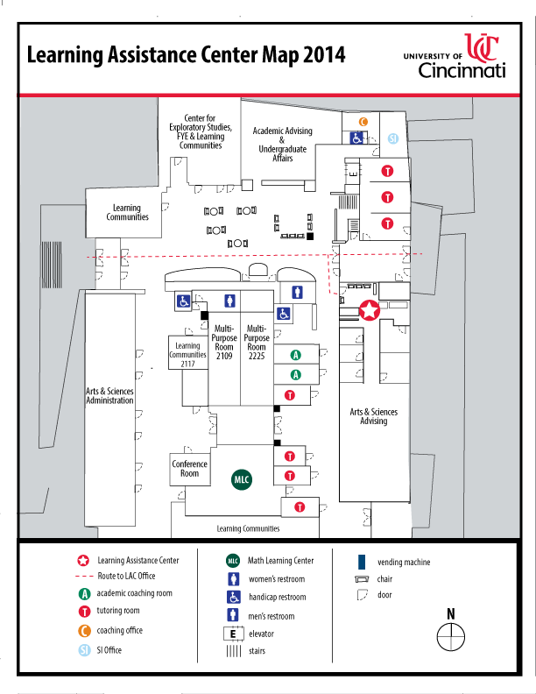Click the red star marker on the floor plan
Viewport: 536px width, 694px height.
click(370, 309)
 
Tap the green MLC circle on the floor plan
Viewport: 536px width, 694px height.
click(241, 479)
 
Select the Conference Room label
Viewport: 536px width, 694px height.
click(190, 469)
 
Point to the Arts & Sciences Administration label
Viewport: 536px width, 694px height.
click(109, 395)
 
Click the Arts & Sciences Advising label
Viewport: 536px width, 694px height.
click(374, 416)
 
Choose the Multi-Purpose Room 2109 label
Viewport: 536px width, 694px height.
click(223, 343)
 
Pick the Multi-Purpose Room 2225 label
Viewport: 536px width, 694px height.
click(256, 343)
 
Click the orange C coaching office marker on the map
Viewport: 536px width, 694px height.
click(363, 121)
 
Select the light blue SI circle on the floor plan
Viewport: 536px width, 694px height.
click(393, 138)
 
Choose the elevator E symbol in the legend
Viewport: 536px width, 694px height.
click(233, 634)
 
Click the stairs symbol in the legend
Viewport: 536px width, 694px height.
click(233, 651)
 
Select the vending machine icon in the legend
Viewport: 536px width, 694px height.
click(360, 562)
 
